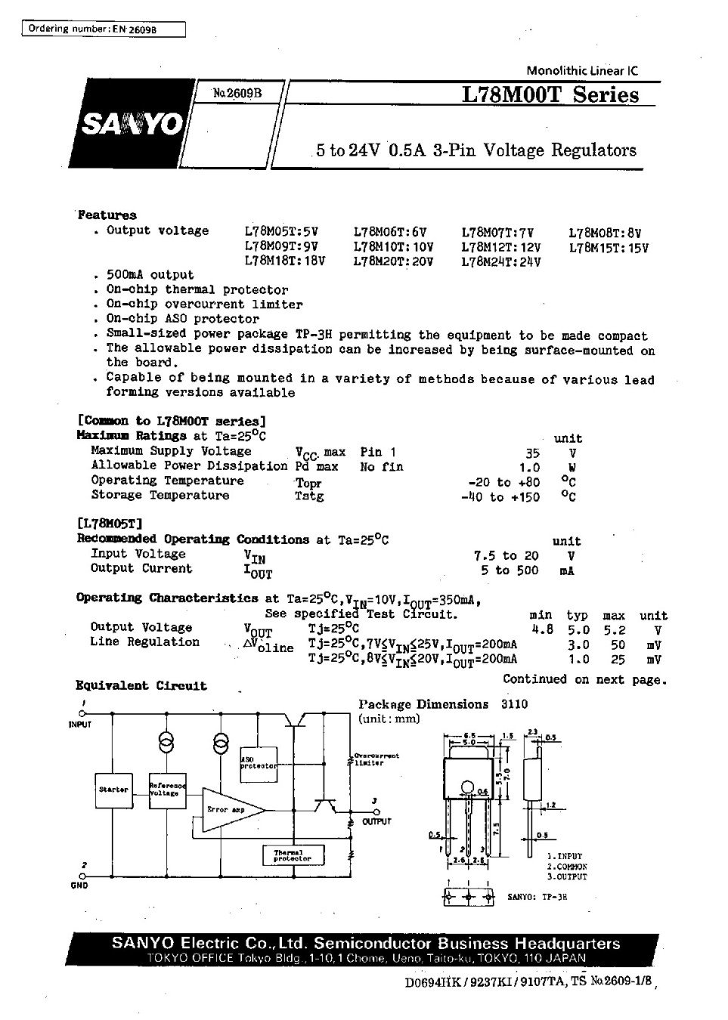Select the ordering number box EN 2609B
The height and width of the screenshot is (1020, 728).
(x=101, y=29)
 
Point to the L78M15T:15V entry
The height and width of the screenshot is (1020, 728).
(x=609, y=247)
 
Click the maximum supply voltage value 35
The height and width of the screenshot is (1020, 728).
(x=533, y=453)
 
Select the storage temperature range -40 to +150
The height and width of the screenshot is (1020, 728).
(x=500, y=496)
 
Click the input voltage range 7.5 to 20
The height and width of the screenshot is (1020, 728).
(x=506, y=555)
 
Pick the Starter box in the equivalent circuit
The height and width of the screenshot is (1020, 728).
(x=113, y=790)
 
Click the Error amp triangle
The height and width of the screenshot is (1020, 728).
(x=231, y=810)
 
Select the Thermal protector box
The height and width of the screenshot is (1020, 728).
(x=293, y=855)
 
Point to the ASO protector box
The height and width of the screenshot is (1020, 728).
(x=259, y=762)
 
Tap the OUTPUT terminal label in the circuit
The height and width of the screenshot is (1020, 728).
(x=376, y=821)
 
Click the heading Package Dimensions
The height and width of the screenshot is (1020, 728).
(x=423, y=704)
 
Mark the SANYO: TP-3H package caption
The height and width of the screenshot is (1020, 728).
(x=537, y=897)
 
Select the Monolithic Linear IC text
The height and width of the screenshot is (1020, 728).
(x=581, y=71)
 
